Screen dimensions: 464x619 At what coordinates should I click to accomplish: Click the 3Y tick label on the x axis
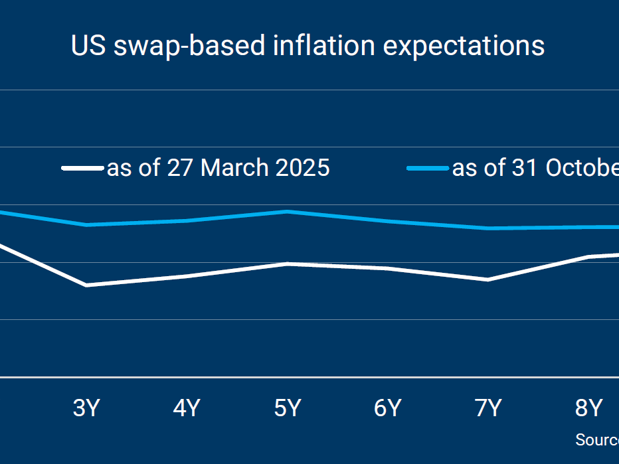point(86,408)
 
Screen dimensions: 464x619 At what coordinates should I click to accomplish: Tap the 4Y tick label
point(187,408)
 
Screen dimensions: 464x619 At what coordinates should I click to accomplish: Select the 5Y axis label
point(287,408)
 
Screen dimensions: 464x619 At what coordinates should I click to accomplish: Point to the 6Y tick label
point(387,408)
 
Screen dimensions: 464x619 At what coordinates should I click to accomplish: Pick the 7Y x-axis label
point(488,408)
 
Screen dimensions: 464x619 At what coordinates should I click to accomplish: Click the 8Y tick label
point(588,408)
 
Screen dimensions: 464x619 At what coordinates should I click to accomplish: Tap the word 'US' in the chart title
point(88,46)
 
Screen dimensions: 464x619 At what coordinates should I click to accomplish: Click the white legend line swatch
point(82,168)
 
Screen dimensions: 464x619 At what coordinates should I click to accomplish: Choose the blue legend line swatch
point(428,168)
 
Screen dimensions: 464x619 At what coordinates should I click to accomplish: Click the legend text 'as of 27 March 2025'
point(218,168)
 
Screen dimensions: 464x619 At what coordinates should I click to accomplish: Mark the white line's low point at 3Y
point(86,285)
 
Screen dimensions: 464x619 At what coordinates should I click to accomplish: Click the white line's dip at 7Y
point(488,279)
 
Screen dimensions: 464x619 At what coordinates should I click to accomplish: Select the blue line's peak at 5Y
point(287,212)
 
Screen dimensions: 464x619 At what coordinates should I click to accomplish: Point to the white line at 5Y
point(287,264)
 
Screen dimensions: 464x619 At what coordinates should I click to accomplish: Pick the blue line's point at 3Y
point(86,225)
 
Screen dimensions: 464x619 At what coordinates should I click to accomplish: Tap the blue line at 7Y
point(488,228)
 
